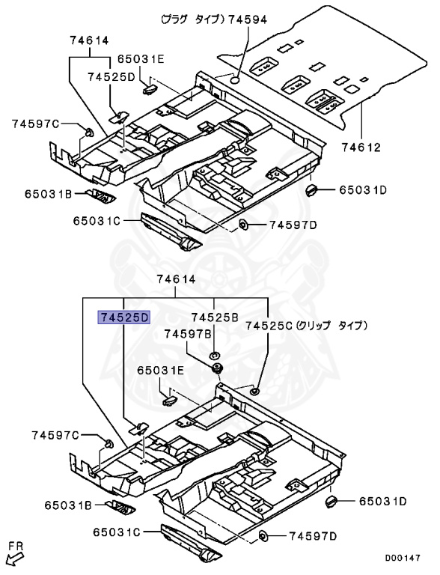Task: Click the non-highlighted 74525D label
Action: pos(110,76)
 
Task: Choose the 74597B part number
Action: pos(190,333)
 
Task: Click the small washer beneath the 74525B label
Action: pos(214,354)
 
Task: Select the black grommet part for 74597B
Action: pos(219,369)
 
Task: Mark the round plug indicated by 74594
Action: pos(234,78)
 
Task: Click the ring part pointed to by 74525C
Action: pos(254,390)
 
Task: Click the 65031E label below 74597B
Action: pos(160,371)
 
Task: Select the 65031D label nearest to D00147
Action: pos(382,501)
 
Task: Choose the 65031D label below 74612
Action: pos(362,190)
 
